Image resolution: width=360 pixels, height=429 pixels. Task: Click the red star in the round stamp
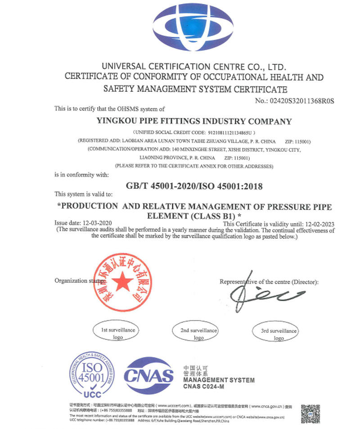tap(122, 282)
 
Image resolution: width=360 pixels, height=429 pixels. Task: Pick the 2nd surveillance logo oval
tap(198, 333)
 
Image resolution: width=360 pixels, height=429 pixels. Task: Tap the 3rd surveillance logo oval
tap(279, 333)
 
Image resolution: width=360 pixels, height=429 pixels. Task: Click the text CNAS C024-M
tap(203, 387)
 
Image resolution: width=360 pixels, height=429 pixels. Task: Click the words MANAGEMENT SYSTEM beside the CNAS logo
tap(219, 380)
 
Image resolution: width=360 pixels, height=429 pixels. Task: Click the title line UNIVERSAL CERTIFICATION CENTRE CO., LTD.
tap(194, 66)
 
